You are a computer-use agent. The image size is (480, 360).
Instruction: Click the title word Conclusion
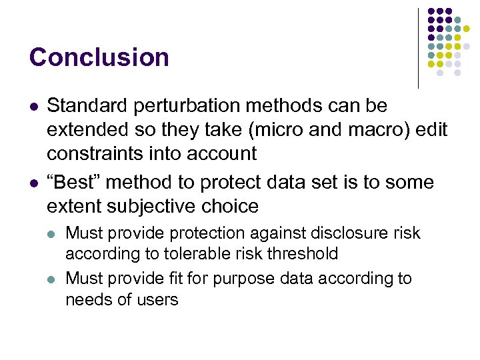click(x=99, y=57)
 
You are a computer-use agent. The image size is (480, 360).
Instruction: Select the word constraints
click(x=94, y=154)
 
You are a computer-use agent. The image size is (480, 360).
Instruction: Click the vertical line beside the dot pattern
click(x=418, y=48)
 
